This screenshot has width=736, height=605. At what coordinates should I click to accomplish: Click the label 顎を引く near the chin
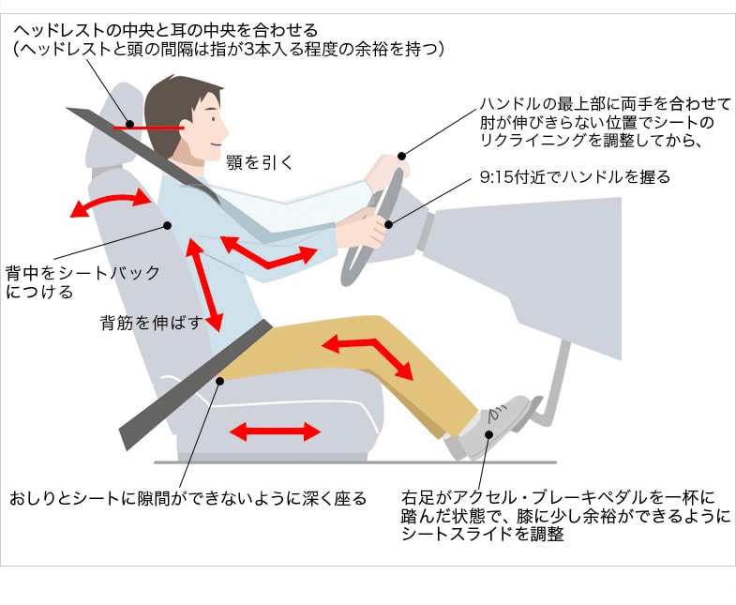coord(260,161)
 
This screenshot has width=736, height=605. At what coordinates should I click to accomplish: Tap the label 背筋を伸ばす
coord(151,324)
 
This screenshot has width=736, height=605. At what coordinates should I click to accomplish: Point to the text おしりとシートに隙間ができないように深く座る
coord(188,498)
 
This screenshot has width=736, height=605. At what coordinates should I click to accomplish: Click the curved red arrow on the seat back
coord(111,203)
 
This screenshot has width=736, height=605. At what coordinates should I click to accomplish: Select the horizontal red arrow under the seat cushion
coord(275,431)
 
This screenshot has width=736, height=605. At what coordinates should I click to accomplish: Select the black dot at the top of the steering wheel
coord(403,156)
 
